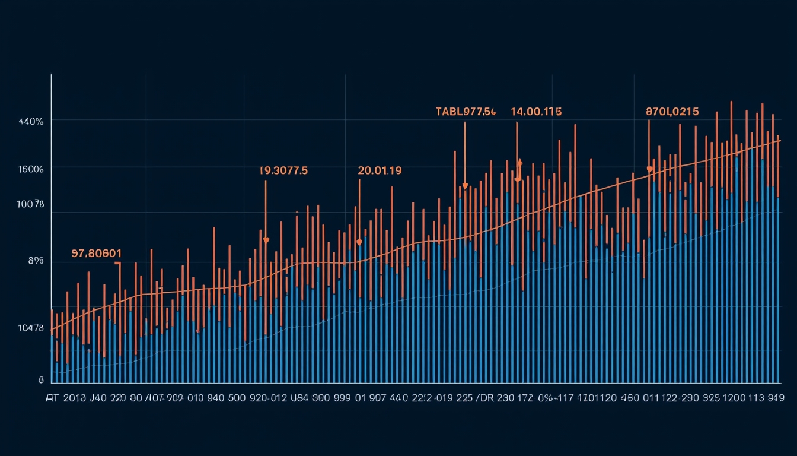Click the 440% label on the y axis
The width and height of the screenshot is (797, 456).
coord(31,121)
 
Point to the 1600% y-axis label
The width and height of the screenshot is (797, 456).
coord(31,169)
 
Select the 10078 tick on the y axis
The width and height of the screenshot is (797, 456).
coord(31,204)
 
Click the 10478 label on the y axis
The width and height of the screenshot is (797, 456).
coord(31,328)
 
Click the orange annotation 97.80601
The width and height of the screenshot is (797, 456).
coord(96,254)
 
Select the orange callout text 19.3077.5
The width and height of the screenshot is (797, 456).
coord(283,170)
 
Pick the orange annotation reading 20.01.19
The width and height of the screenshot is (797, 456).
coord(380,170)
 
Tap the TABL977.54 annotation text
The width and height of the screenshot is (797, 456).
coord(466,112)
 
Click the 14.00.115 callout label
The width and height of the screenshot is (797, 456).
coord(536,112)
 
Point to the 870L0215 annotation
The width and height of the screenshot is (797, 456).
coord(672,112)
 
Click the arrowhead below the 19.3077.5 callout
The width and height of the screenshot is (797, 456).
coord(266,240)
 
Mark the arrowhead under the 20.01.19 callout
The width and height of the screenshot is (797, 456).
coord(359,242)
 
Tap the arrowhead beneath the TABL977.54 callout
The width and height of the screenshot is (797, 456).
coord(465,186)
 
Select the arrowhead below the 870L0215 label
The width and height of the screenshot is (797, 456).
coord(649,170)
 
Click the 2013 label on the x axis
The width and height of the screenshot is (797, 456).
coord(74,398)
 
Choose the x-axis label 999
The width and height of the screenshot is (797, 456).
coord(342,398)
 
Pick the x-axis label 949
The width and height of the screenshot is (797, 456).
coord(773,398)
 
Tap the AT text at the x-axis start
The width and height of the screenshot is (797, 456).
coord(52,398)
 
